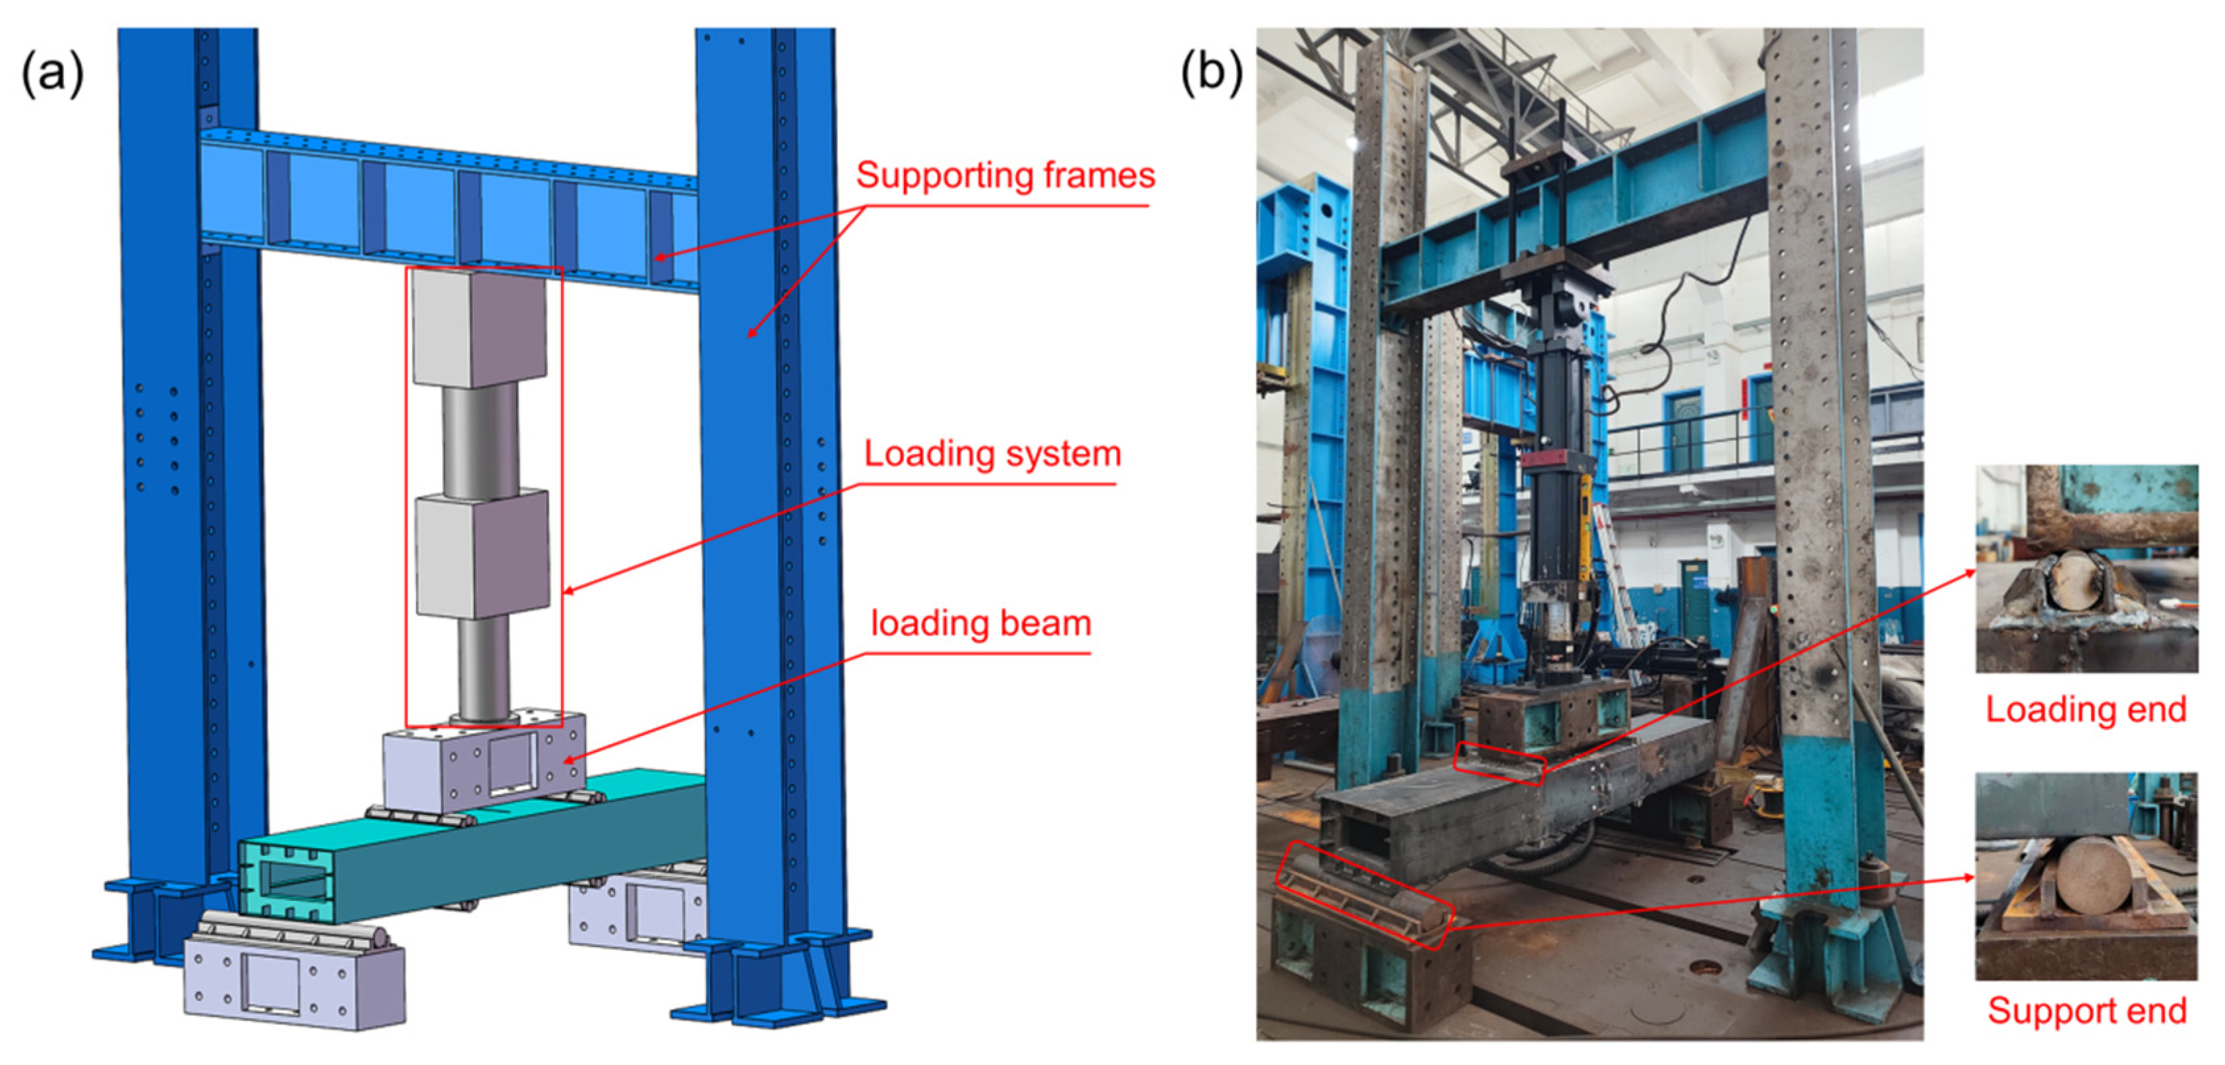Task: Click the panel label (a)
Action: tap(52, 72)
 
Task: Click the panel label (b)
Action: tap(1211, 72)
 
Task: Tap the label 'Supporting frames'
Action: tap(1005, 176)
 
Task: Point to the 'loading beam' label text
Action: tap(980, 623)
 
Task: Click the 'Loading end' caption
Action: tap(2086, 710)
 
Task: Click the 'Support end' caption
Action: tap(2087, 1010)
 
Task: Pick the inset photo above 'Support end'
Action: tap(2086, 876)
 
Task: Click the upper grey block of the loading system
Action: tap(479, 328)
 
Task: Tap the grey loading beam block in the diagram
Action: tap(484, 760)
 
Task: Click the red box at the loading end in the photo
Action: tap(1499, 763)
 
